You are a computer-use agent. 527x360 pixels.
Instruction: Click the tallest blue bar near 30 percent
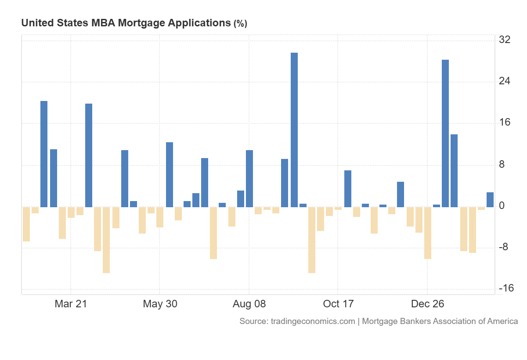tap(294, 130)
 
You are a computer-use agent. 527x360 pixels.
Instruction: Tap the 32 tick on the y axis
tap(505, 40)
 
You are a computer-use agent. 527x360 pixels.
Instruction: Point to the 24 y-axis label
tap(505, 81)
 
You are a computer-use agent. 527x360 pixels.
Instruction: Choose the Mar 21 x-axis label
tap(71, 304)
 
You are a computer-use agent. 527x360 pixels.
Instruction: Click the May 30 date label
tap(160, 304)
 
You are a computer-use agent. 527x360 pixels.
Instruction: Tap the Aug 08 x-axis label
tap(249, 304)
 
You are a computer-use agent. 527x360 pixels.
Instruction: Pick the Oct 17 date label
tap(338, 304)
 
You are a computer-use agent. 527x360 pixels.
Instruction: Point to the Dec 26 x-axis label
tap(427, 304)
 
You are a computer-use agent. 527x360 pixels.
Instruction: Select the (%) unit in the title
tap(240, 24)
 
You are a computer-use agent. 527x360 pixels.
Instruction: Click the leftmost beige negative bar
tap(26, 224)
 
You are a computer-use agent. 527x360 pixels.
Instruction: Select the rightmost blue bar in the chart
tap(490, 199)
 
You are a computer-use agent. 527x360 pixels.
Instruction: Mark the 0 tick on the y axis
tap(502, 205)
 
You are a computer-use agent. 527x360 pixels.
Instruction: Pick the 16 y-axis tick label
tap(505, 122)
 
